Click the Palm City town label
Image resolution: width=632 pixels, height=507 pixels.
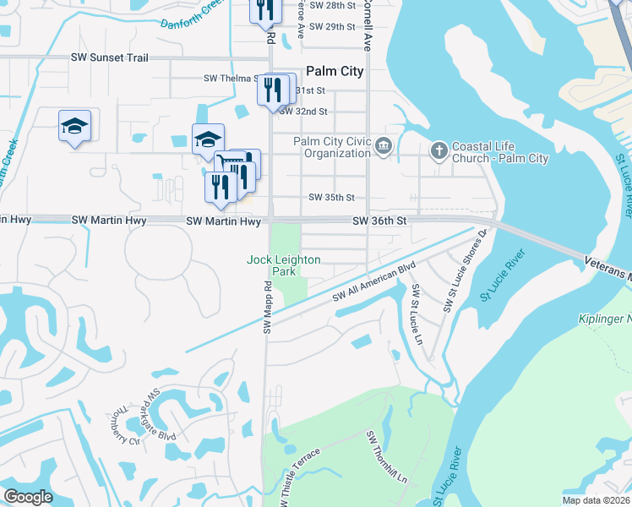[x=335, y=72]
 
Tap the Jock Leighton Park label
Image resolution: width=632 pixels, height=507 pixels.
[x=283, y=266]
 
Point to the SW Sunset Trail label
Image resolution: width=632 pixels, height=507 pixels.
[x=110, y=57]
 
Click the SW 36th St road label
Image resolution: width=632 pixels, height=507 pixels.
[x=380, y=221]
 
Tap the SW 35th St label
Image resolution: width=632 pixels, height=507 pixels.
[x=331, y=198]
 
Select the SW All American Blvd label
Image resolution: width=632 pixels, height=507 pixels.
[x=375, y=283]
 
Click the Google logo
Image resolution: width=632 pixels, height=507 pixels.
[x=28, y=497]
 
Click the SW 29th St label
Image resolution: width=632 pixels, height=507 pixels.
[x=331, y=26]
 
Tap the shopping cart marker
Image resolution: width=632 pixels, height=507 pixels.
[x=226, y=161]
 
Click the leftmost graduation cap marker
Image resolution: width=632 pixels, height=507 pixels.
[x=74, y=127]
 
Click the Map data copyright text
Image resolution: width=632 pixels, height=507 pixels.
[x=597, y=500]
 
